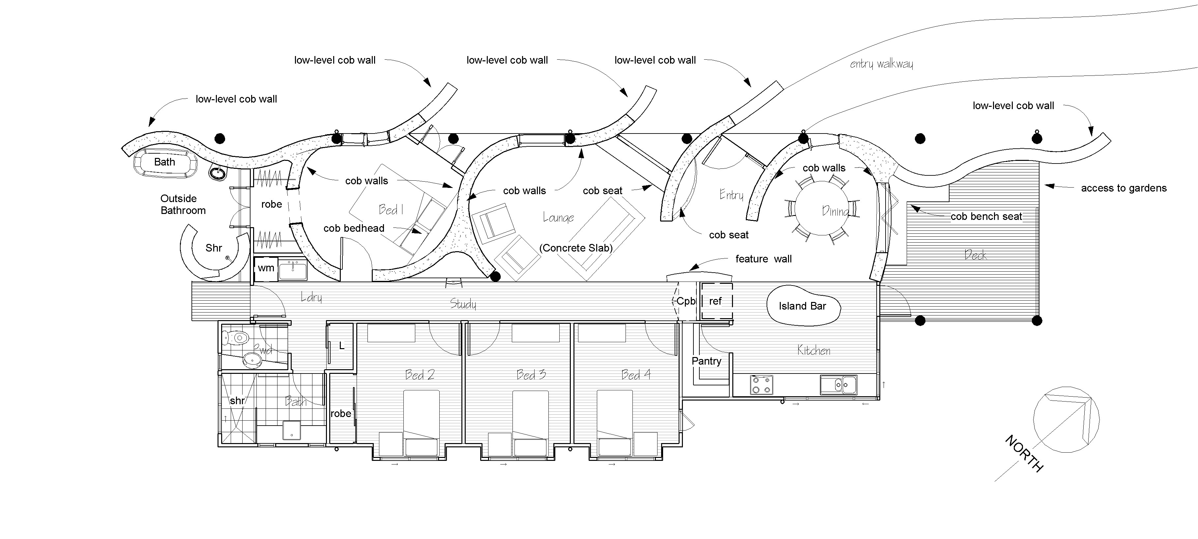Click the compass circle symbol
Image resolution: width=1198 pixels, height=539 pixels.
point(1066,419)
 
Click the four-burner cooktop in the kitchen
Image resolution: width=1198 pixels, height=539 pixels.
point(761,385)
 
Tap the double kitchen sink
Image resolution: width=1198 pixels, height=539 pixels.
point(838,385)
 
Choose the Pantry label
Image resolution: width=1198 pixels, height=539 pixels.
point(706,361)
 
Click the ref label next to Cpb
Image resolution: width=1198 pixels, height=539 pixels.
point(715,301)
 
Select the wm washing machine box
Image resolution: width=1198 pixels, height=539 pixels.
point(266,268)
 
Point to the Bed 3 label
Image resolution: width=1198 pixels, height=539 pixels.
point(531,375)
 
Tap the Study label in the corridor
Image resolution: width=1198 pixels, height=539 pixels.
point(463,304)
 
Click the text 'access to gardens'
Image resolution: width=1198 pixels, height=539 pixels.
point(1124,188)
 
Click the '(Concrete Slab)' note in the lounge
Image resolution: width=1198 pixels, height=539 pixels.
point(576,248)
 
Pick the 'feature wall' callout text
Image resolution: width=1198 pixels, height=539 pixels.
point(763,259)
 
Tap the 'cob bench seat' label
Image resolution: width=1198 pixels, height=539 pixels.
point(986,216)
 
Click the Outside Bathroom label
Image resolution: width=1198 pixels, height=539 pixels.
point(183,204)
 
